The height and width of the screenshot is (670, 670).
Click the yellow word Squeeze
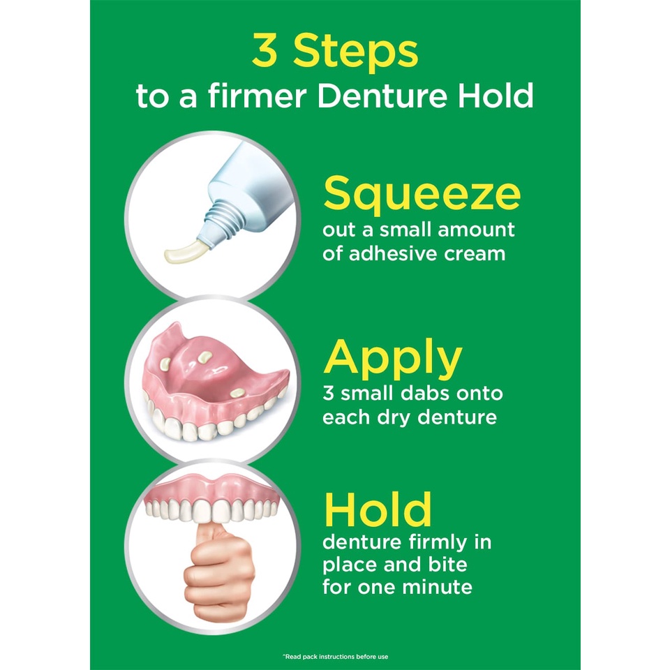pos(422,195)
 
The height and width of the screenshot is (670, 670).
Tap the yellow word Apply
pos(393,359)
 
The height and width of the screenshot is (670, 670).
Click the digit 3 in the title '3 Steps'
pos(265,51)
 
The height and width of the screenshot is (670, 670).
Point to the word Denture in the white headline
pos(382,96)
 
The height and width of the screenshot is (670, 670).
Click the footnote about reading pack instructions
pos(336,656)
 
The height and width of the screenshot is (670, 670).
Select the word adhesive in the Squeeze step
pos(392,254)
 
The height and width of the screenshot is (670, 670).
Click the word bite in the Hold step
pos(448,565)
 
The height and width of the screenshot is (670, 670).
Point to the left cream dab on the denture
pos(165,363)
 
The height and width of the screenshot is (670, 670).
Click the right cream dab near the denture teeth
pos(237,392)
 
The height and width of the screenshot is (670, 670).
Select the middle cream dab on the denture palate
pos(204,357)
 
